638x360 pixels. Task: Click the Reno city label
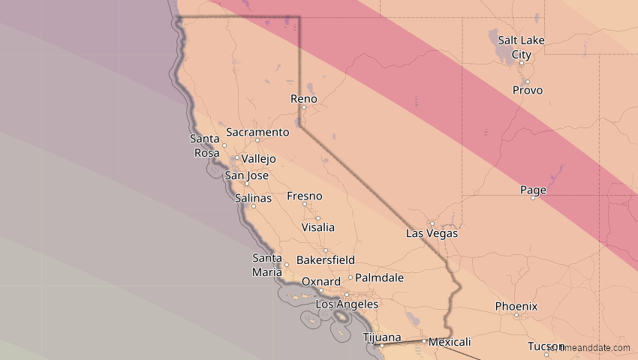[x=303, y=99]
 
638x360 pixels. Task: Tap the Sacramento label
[x=257, y=132]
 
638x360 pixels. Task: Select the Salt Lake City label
[x=521, y=47]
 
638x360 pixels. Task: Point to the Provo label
[x=527, y=90]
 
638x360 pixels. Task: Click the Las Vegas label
[x=432, y=233]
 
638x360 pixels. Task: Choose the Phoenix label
[x=516, y=306]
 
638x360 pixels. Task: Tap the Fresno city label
[x=304, y=196]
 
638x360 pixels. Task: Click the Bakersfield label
[x=326, y=260]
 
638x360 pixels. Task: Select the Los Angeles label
[x=346, y=304]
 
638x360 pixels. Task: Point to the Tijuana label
[x=381, y=337]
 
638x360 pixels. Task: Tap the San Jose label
[x=247, y=175]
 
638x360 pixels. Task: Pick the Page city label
[x=533, y=190]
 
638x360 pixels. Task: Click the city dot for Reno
[x=304, y=107]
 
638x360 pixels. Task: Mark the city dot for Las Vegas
[x=432, y=223]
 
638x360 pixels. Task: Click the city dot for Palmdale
[x=350, y=277]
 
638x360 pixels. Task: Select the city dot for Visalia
[x=317, y=218]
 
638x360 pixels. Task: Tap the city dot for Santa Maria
[x=287, y=265]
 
